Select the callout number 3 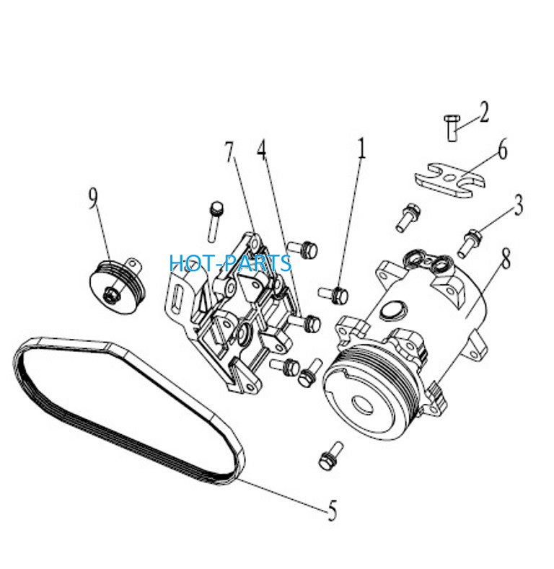tap(519, 205)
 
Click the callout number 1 tap(361, 148)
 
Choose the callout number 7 tap(229, 152)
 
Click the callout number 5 tap(332, 510)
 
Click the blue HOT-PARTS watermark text tap(231, 263)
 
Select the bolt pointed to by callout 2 tap(452, 128)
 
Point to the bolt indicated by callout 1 tap(334, 294)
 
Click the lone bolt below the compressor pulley tap(330, 456)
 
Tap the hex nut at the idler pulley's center tap(112, 294)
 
